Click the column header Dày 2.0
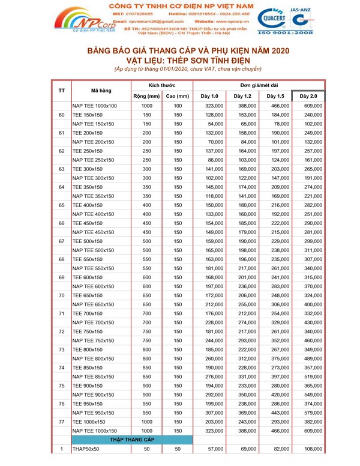(308, 96)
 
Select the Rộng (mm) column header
(145, 96)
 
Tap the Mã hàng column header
(100, 90)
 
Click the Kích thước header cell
(161, 85)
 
